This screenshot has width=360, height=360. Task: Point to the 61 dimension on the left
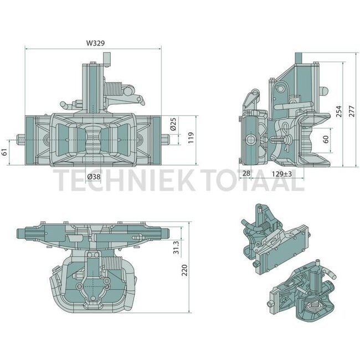[5, 152]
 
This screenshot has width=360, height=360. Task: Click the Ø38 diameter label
[95, 176]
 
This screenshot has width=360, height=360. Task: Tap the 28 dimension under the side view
[246, 174]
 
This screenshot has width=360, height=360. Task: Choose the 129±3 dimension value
[282, 174]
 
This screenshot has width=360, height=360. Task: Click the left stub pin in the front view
[20, 137]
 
